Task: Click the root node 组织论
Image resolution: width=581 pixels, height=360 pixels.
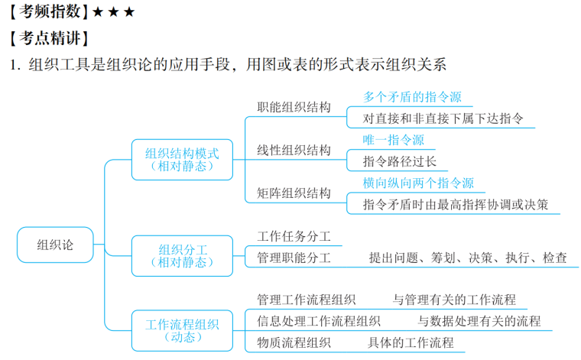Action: pyautogui.click(x=56, y=245)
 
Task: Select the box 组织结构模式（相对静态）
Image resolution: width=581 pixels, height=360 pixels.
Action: pyautogui.click(x=182, y=159)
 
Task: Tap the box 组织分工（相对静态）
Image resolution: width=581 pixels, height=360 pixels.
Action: pyautogui.click(x=182, y=255)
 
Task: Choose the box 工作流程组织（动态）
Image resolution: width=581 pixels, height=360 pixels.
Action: pyautogui.click(x=182, y=330)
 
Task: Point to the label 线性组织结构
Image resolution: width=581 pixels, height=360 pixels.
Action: pyautogui.click(x=294, y=150)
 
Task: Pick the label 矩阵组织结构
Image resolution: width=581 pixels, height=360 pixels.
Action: pyautogui.click(x=294, y=193)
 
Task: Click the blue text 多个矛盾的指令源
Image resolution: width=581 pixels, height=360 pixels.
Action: pyautogui.click(x=412, y=97)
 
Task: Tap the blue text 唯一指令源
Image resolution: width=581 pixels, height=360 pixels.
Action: pyautogui.click(x=393, y=140)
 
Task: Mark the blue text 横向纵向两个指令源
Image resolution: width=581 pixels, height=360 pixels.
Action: pyautogui.click(x=418, y=183)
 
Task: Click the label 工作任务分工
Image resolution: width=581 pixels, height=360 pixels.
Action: pyautogui.click(x=294, y=236)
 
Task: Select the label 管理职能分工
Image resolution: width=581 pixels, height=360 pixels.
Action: pyautogui.click(x=294, y=258)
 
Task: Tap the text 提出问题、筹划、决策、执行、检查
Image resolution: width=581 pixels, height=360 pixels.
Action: pyautogui.click(x=468, y=258)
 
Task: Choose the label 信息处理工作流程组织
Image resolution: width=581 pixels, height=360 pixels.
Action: pyautogui.click(x=319, y=321)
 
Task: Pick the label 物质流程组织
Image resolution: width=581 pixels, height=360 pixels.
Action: pyautogui.click(x=294, y=342)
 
